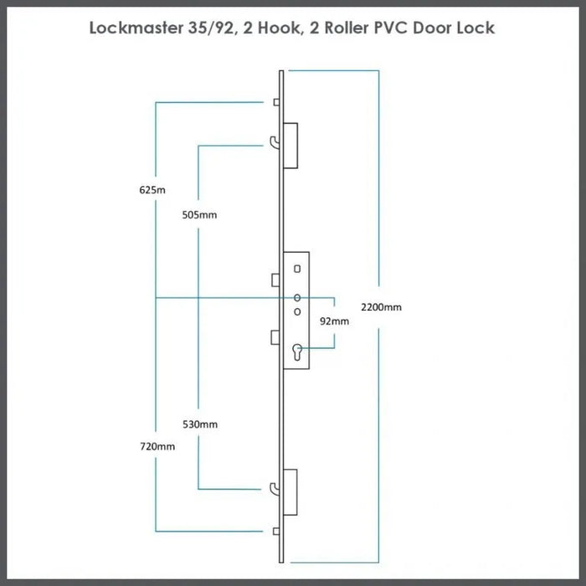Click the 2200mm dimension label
pos(381,307)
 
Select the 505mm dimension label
pos(199,214)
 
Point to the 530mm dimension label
pos(200,424)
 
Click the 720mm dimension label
pos(157,447)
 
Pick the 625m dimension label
pos(152,190)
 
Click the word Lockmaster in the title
pos(138,28)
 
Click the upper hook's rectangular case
pos(291,145)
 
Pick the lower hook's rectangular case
pos(291,488)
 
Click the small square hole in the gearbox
pos(296,269)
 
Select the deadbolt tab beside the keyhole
pos(275,337)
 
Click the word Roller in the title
pos(335,28)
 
